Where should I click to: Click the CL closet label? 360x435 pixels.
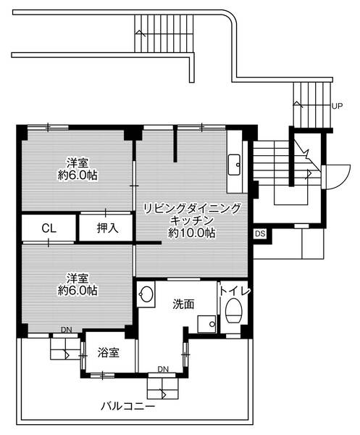coord(49,228)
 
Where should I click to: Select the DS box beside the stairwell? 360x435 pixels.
coord(260,233)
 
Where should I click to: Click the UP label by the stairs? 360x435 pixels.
coord(337,106)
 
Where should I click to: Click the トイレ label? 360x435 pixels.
coord(235,291)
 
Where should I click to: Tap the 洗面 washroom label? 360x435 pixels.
coord(183,304)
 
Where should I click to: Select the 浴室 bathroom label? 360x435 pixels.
coord(108,353)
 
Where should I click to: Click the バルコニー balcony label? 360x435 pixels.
coord(128,407)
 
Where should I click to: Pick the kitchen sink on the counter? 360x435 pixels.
coord(235,165)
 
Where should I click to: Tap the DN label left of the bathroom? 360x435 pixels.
coord(66,330)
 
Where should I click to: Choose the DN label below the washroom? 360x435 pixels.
coord(164,368)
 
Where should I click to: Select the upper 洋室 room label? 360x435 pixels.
coord(79,163)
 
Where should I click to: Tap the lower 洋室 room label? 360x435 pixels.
coord(78,278)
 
